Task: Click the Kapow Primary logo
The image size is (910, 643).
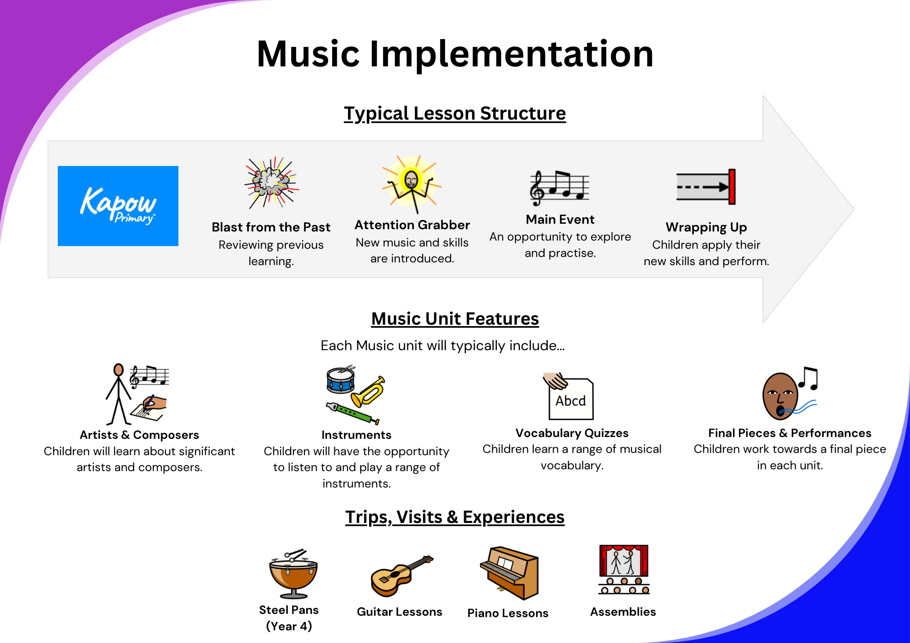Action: [118, 206]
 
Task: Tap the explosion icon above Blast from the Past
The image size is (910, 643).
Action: [272, 183]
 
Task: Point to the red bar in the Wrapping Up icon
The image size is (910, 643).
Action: [732, 187]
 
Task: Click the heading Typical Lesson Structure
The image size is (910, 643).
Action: [455, 114]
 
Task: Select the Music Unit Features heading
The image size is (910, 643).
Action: [455, 319]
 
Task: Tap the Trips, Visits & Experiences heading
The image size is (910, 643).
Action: [455, 517]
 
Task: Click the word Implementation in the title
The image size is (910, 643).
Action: [511, 54]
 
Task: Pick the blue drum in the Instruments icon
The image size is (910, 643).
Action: [341, 380]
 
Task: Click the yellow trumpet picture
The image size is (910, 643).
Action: [368, 392]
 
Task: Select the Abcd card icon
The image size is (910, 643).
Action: [569, 397]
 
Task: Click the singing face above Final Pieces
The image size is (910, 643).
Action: [790, 394]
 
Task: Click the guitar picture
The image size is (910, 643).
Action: [402, 576]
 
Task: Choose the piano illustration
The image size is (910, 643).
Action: [510, 573]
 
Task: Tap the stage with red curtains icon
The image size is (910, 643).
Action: [624, 569]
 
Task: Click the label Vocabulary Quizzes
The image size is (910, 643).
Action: [572, 433]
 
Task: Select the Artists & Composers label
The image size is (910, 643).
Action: [139, 435]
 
